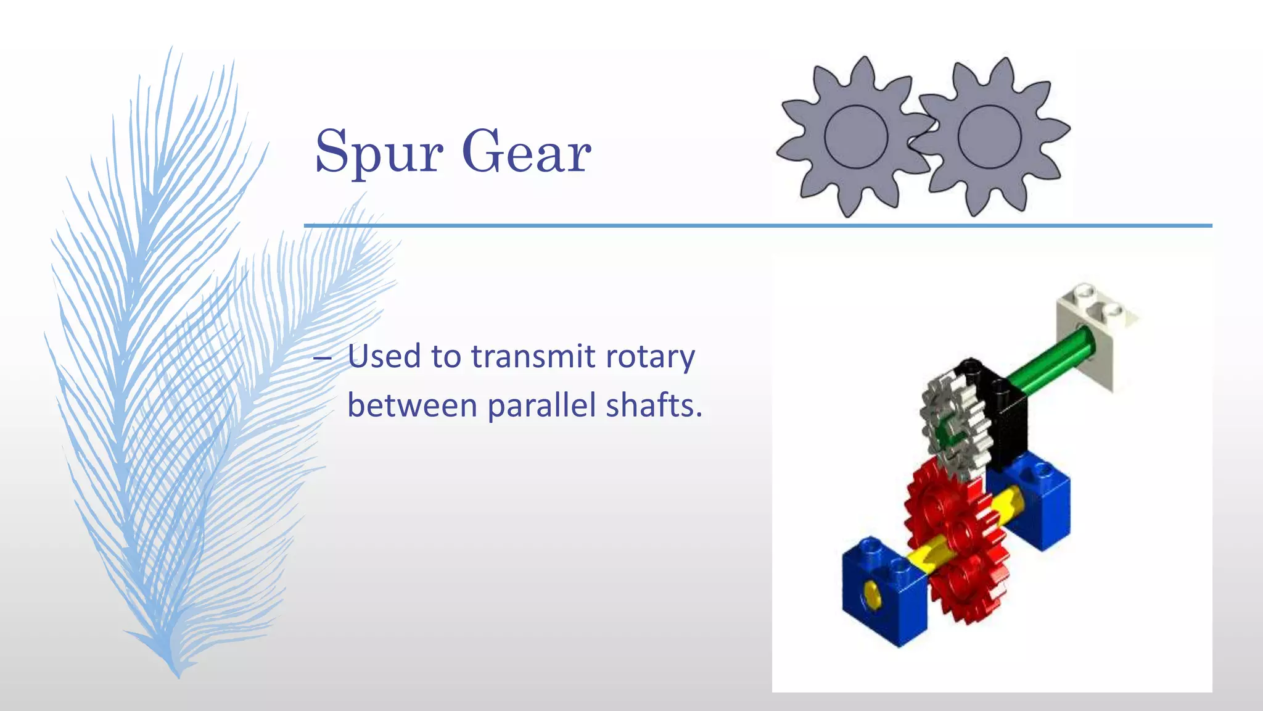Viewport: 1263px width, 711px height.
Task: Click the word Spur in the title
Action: [x=378, y=152]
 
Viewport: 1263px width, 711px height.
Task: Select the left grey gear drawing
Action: [x=855, y=137]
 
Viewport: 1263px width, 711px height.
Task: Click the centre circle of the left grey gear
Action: [x=855, y=137]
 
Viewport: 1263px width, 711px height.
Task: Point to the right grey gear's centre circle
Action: [x=989, y=137]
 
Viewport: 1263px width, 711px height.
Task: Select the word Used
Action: [x=384, y=356]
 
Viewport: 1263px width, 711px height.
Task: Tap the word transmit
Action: [x=533, y=356]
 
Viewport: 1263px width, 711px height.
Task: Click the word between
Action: [x=412, y=405]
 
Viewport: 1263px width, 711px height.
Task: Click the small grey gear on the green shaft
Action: [x=955, y=426]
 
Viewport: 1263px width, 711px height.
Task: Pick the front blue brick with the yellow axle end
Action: [x=883, y=592]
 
